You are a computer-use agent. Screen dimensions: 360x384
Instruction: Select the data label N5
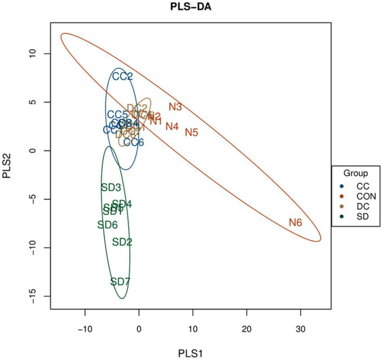tap(191, 132)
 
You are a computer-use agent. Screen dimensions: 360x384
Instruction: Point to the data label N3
tap(175, 107)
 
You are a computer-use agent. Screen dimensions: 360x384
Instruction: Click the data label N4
tap(172, 126)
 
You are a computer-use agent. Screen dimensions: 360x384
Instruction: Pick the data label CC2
tap(122, 76)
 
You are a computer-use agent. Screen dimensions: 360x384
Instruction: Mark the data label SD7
tap(120, 282)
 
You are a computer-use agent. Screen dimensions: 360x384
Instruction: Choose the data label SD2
tap(122, 242)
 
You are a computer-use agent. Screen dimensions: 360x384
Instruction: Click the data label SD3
tap(111, 187)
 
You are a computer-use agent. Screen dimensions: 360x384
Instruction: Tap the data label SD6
tap(108, 225)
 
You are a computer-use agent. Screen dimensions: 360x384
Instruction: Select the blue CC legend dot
tap(342, 186)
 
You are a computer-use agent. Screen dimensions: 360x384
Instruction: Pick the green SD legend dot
tap(342, 217)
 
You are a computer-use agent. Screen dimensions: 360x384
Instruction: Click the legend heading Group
tap(355, 174)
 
